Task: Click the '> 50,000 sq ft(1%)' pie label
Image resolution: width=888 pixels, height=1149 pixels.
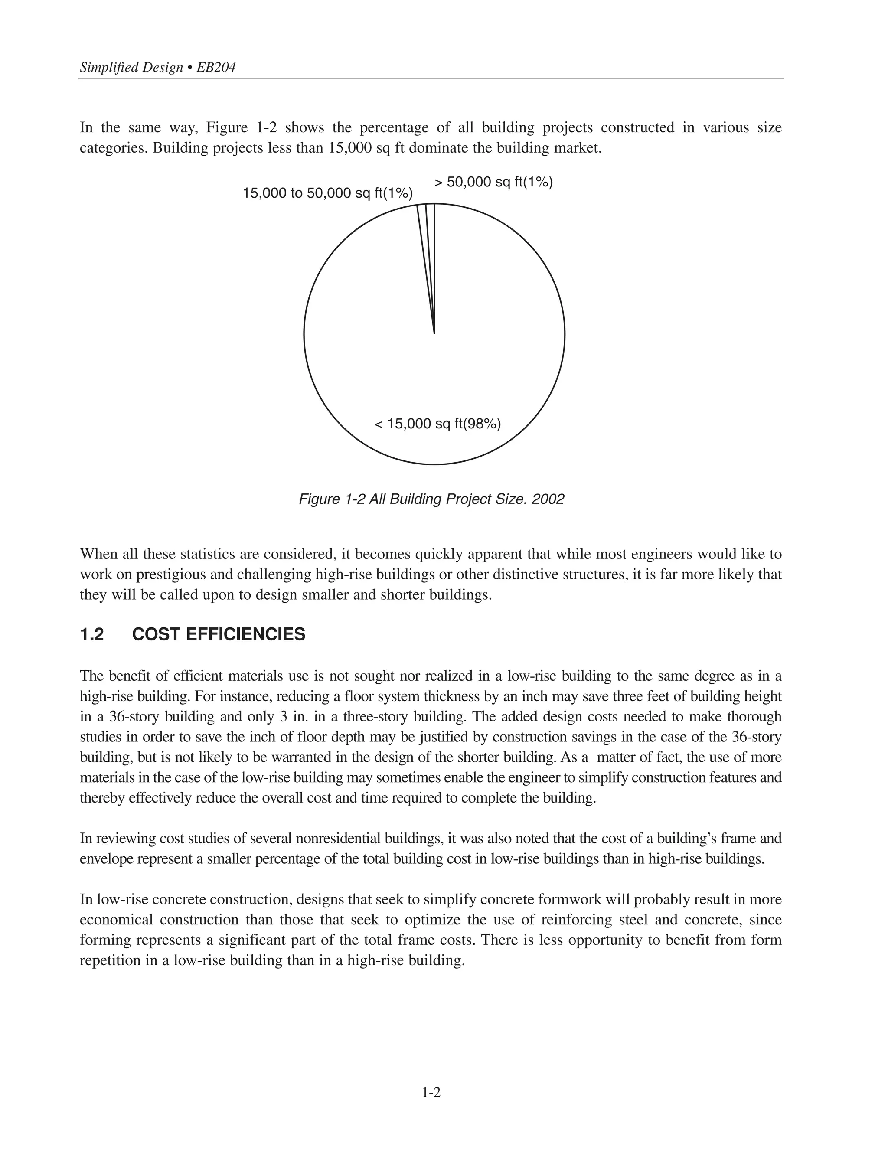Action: pos(493,183)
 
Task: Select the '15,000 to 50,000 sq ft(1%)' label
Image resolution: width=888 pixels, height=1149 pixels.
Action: pos(327,194)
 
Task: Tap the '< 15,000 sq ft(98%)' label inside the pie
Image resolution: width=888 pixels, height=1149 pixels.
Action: pos(437,424)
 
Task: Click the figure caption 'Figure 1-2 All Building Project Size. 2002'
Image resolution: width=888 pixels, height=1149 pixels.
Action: pos(431,499)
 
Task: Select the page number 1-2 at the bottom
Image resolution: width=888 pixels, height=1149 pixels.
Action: pos(431,1093)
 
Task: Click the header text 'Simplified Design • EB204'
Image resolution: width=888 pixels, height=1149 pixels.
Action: pos(157,67)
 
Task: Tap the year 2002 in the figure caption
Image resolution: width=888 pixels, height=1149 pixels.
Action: pos(548,499)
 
